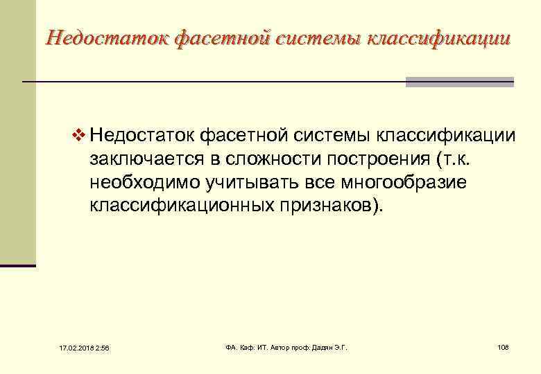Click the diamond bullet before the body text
point(78,133)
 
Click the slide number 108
point(503,346)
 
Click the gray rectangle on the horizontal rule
point(459,82)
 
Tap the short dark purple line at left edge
point(17,265)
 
